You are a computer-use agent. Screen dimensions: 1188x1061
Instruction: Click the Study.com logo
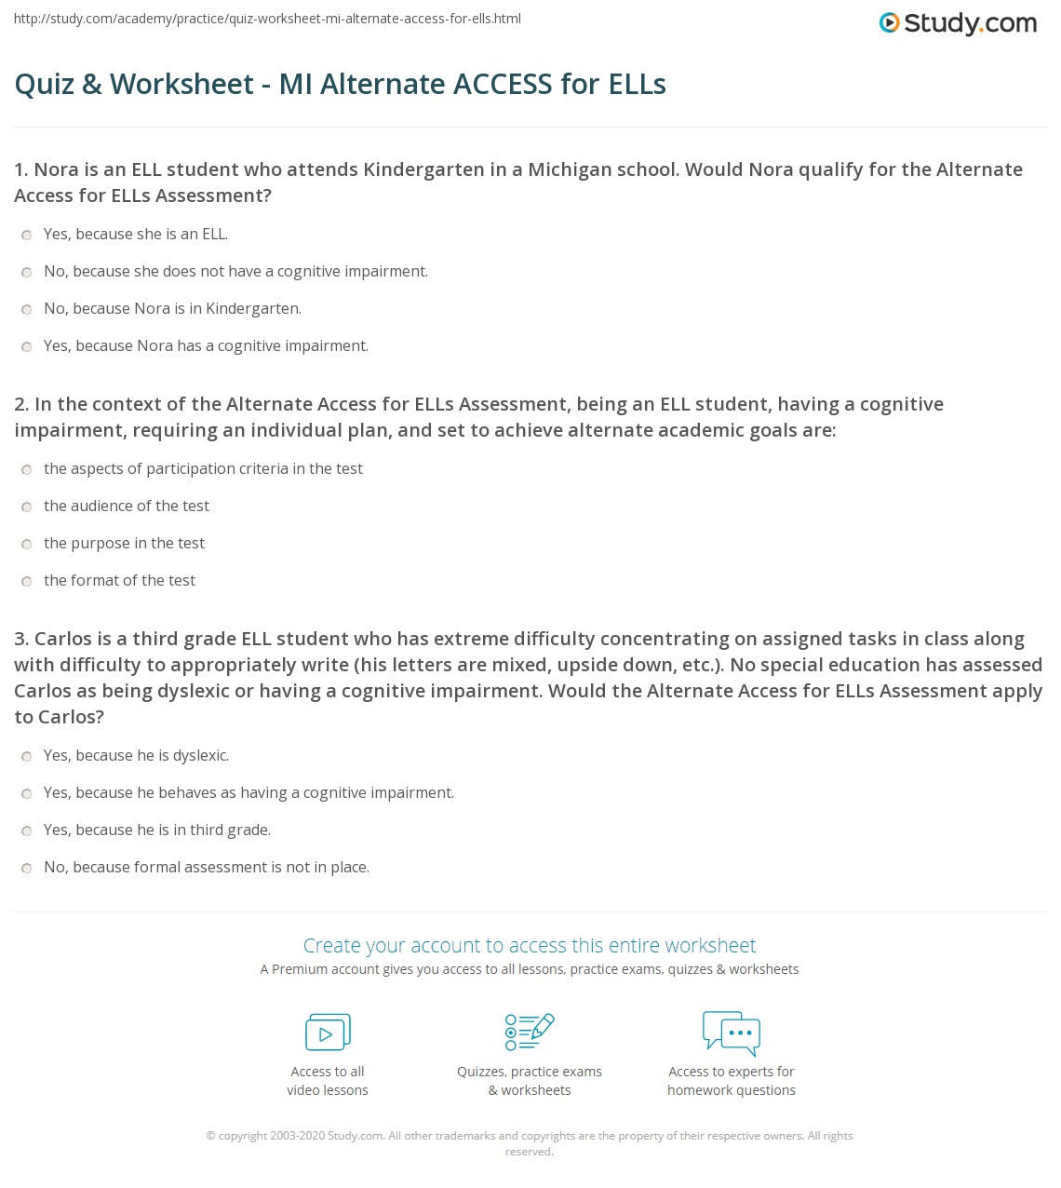click(x=958, y=23)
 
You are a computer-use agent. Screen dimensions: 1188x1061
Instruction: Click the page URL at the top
click(x=267, y=19)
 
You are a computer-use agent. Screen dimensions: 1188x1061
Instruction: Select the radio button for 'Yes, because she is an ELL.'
click(x=27, y=236)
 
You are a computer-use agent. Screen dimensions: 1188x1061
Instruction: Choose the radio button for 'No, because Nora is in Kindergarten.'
click(x=27, y=310)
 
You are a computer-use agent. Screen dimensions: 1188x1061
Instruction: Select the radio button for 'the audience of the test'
click(x=27, y=507)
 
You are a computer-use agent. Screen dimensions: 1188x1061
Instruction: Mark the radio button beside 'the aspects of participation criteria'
click(x=27, y=470)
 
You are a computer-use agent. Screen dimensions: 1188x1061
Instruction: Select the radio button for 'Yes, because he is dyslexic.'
click(x=27, y=757)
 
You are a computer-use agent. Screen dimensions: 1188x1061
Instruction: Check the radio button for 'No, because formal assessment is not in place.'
click(x=27, y=869)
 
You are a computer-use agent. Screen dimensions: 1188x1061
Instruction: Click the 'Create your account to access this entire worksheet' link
click(x=530, y=946)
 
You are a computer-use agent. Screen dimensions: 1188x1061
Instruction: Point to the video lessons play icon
click(x=328, y=1033)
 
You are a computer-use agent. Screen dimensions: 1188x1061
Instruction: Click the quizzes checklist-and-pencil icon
click(x=530, y=1032)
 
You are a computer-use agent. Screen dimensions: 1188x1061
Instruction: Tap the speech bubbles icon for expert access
click(x=732, y=1033)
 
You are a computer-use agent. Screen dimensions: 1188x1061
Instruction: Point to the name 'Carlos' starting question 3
click(x=63, y=639)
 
